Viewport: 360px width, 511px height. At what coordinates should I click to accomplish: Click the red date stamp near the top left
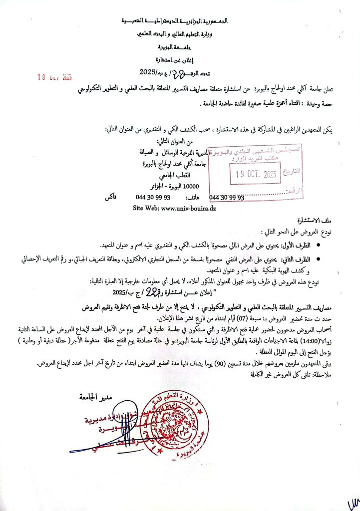(x=55, y=77)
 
